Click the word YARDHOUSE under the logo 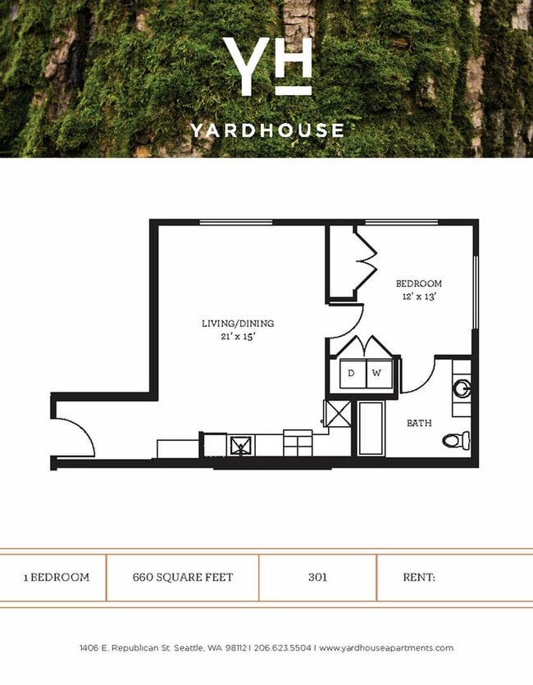266,130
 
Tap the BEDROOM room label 418,284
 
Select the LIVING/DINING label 238,324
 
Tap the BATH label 419,424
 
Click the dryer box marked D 352,374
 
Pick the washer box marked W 376,374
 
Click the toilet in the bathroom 456,440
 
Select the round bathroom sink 462,388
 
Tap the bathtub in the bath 371,428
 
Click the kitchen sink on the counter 241,446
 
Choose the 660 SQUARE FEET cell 183,577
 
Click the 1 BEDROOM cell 56,577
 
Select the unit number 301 318,577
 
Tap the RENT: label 418,577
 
